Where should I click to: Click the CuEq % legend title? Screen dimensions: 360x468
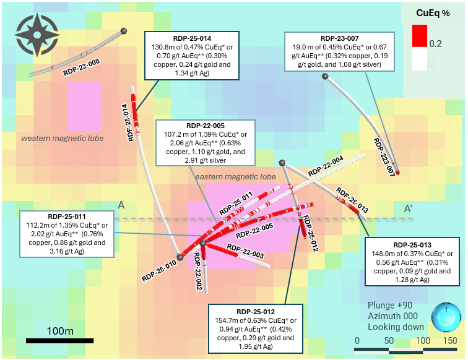pos(431,12)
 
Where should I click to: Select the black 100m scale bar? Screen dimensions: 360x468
pos(59,340)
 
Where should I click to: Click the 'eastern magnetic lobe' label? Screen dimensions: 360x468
pos(235,177)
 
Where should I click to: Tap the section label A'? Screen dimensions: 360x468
pos(409,208)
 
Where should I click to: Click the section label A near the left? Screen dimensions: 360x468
pos(122,205)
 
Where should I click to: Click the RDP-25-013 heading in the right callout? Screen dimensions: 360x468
pos(412,244)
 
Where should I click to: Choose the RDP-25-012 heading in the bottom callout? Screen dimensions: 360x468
pos(255,311)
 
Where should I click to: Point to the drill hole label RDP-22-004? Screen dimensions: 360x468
pos(326,168)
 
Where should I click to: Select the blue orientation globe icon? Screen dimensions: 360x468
pos(445,316)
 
